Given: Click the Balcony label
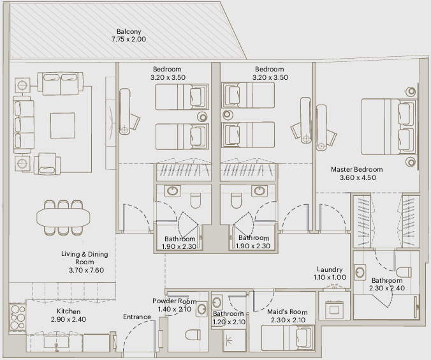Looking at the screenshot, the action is pyautogui.click(x=129, y=32).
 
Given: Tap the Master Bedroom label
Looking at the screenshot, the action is pyautogui.click(x=356, y=169).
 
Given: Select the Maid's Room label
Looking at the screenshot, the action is pyautogui.click(x=288, y=312).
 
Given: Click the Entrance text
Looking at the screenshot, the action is pyautogui.click(x=137, y=317).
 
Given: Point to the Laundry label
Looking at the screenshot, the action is pyautogui.click(x=330, y=269).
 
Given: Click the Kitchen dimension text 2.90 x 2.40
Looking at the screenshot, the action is pyautogui.click(x=68, y=319).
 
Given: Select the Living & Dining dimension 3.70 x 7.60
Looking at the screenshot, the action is pyautogui.click(x=86, y=270).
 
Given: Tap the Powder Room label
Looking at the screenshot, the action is pyautogui.click(x=174, y=301).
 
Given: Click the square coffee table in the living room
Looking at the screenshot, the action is pyautogui.click(x=62, y=125).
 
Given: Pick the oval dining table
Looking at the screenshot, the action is pyautogui.click(x=63, y=218).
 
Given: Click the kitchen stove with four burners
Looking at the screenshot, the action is pyautogui.click(x=18, y=317).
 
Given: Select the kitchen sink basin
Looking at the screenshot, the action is pyautogui.click(x=56, y=343).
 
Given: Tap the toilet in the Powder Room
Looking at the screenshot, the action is pyautogui.click(x=193, y=335).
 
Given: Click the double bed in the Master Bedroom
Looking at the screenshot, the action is pyautogui.click(x=389, y=126).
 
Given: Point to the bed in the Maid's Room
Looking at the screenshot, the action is pyautogui.click(x=288, y=338).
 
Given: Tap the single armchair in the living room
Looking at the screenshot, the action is pyautogui.click(x=47, y=164).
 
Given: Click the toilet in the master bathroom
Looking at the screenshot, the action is pyautogui.click(x=404, y=272).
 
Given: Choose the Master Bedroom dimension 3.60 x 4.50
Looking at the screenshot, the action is pyautogui.click(x=358, y=177).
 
